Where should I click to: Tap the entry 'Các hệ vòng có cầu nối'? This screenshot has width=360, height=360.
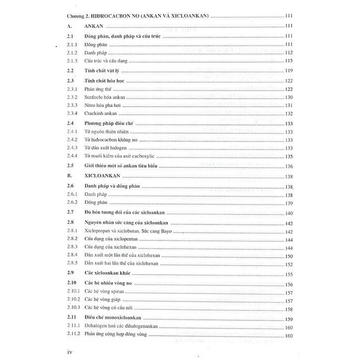(x=112, y=309)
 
